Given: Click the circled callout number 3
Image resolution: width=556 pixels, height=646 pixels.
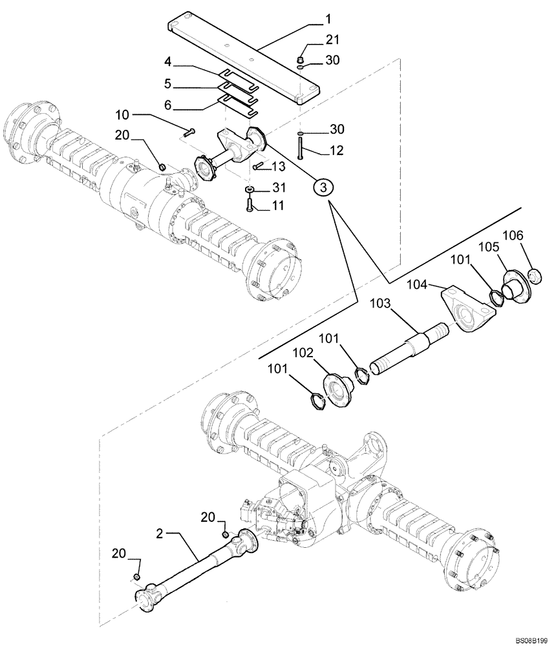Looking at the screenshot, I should pyautogui.click(x=325, y=186).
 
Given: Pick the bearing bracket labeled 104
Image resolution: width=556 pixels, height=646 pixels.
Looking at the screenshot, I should pyautogui.click(x=467, y=310).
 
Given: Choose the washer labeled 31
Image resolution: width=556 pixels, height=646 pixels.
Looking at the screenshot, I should pyautogui.click(x=250, y=190).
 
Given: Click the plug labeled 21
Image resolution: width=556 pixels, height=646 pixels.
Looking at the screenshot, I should pyautogui.click(x=301, y=61).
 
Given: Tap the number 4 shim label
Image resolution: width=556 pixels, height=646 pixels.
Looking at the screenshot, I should pyautogui.click(x=167, y=63).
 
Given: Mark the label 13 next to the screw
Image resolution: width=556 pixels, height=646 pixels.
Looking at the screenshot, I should pyautogui.click(x=279, y=167).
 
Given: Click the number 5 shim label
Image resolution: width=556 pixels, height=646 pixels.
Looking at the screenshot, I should pyautogui.click(x=167, y=84).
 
